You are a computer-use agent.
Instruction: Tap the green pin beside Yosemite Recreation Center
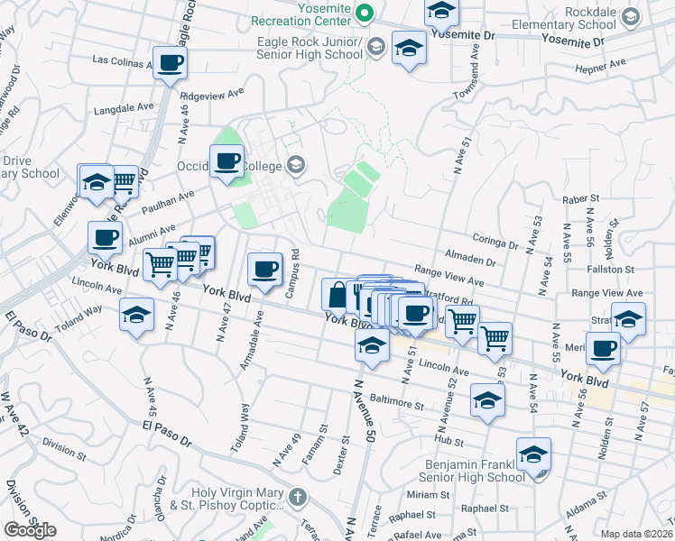pos(365,13)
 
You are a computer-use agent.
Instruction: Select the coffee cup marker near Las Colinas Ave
pos(170,63)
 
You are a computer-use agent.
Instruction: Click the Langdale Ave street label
pos(125,106)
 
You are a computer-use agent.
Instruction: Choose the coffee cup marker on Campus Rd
pos(265,270)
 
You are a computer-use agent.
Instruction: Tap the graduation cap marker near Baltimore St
pos(487,399)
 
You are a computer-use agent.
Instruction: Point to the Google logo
pos(30,530)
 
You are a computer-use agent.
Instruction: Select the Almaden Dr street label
pos(472,261)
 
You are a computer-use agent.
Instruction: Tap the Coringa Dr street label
pos(495,243)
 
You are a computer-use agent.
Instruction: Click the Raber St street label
pos(580,198)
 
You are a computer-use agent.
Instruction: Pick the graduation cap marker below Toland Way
pos(136,316)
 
